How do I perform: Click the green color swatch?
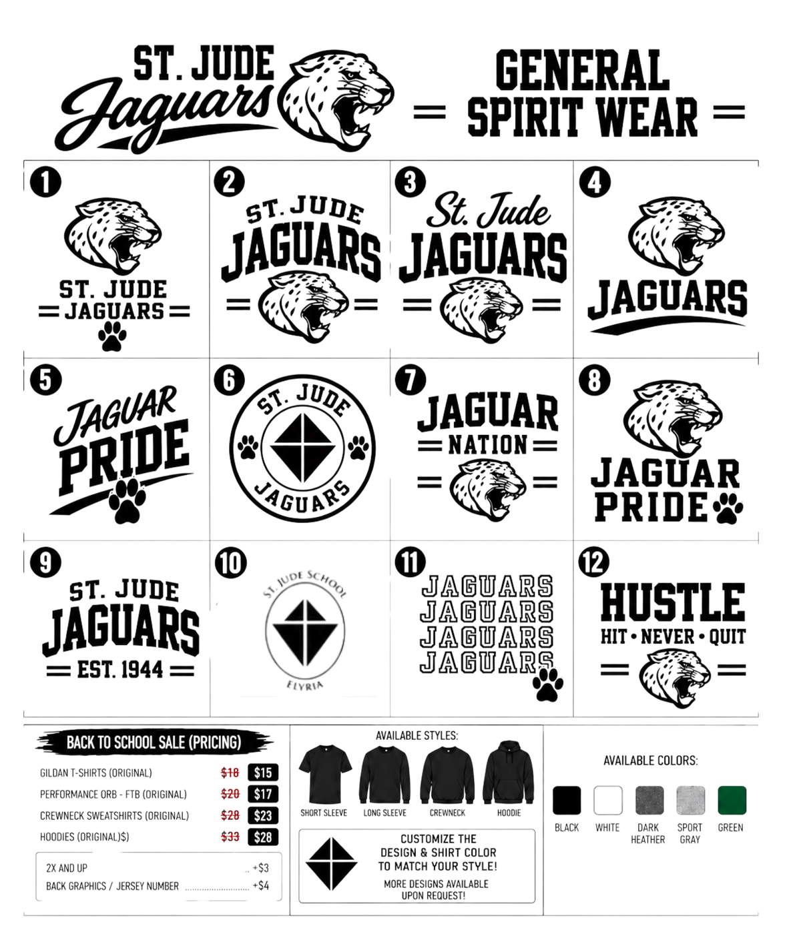[732, 801]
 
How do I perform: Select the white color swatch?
[607, 801]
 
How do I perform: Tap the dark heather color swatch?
[649, 801]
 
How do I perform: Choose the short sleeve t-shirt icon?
[325, 774]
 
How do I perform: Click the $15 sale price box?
[262, 773]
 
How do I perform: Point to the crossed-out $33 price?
[230, 837]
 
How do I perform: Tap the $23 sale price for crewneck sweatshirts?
[262, 815]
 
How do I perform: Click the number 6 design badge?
[229, 379]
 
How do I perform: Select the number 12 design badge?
[594, 562]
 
